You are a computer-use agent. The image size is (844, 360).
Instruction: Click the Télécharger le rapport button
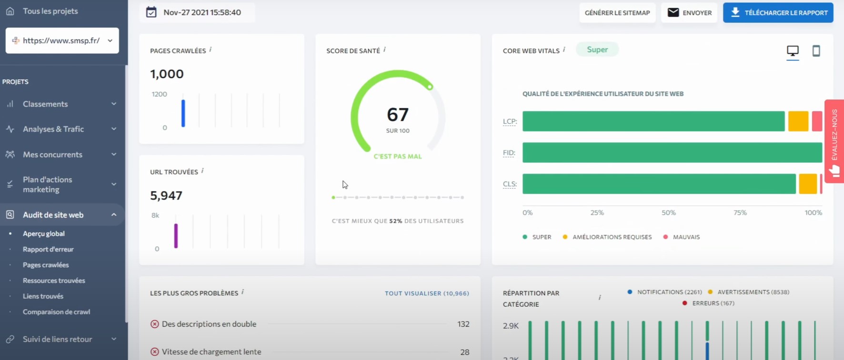778,13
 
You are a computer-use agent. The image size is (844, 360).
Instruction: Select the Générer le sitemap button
617,13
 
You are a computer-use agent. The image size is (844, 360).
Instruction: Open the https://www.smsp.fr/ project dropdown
62,40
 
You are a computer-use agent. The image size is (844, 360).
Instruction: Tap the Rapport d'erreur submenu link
48,249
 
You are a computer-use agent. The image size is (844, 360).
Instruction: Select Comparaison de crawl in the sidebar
56,312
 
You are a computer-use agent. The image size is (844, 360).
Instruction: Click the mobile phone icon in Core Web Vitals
816,51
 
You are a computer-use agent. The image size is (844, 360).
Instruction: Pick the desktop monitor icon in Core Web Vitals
793,51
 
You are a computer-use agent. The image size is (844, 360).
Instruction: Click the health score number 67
398,115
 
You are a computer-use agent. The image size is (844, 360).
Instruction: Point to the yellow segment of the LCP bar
798,121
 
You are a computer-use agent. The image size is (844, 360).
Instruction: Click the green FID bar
672,153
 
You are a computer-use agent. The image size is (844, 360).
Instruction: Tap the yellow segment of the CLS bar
808,184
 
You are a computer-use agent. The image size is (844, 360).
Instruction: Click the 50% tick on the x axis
668,213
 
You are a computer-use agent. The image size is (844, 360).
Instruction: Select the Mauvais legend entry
682,237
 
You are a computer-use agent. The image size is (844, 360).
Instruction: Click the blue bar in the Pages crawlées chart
183,113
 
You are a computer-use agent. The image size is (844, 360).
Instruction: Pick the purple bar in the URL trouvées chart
176,236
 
